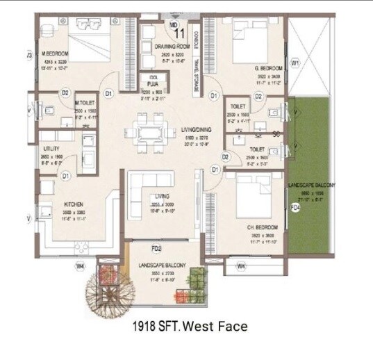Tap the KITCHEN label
click(x=74, y=204)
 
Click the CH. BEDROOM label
click(x=262, y=228)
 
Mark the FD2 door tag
click(x=157, y=248)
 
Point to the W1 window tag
click(x=295, y=63)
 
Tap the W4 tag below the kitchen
click(x=81, y=265)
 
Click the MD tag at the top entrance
click(x=174, y=24)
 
